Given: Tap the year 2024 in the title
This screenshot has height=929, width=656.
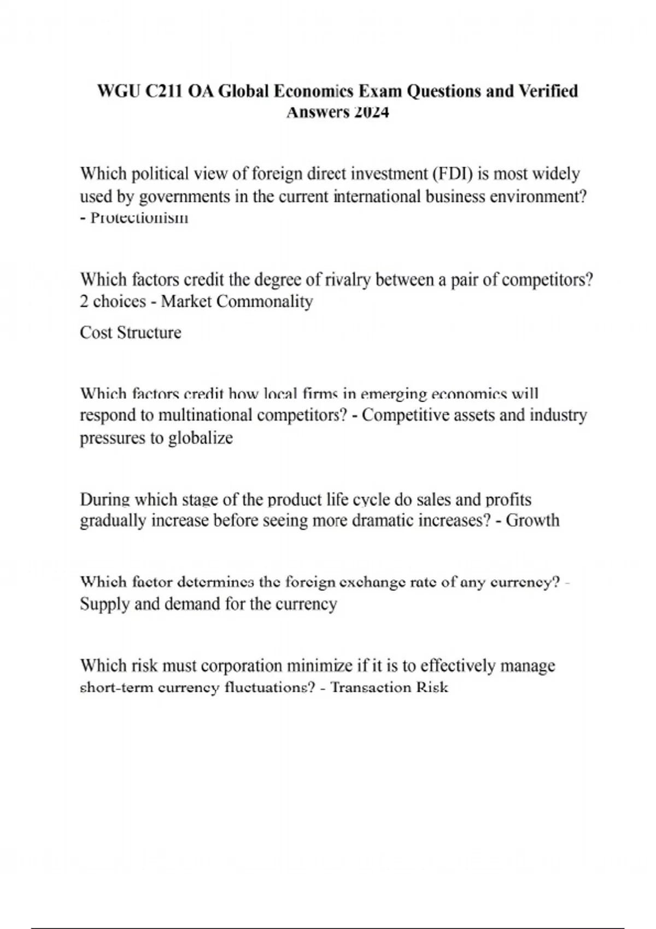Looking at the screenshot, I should point(371,113).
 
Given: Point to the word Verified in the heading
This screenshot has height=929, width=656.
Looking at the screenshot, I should point(548,91).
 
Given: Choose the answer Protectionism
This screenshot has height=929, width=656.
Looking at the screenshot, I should point(139,217).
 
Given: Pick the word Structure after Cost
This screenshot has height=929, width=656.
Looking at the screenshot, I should point(150,333).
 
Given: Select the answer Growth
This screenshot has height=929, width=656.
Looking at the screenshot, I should point(532,520).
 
